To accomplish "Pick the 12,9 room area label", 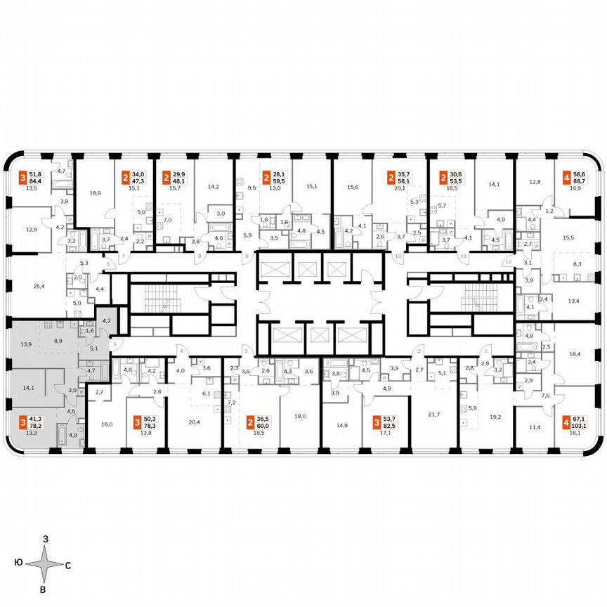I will (32, 229).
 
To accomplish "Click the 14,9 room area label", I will (342, 425).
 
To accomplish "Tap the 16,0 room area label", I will (107, 425).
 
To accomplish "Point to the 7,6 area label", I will (545, 395).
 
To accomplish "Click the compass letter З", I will (45, 539).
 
